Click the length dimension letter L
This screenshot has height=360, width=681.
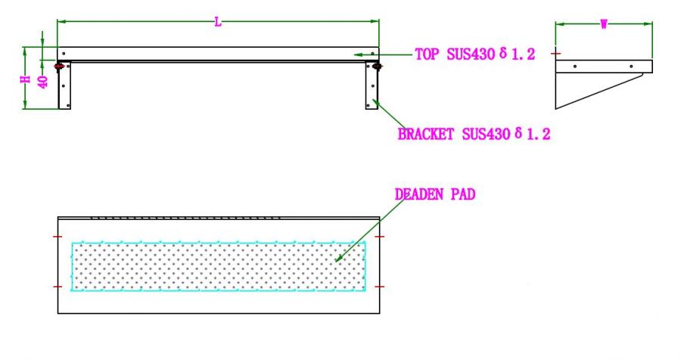coord(218,22)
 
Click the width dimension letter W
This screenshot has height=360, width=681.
coord(604,25)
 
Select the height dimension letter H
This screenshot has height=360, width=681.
coord(26,79)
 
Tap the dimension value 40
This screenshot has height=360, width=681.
coord(43,82)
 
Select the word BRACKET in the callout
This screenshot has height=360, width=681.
coord(425,134)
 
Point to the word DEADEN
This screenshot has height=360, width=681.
coord(419,194)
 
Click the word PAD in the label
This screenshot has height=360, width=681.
coord(463,194)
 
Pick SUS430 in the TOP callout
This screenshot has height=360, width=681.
coord(471,54)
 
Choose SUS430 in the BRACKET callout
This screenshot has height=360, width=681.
coord(486,134)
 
